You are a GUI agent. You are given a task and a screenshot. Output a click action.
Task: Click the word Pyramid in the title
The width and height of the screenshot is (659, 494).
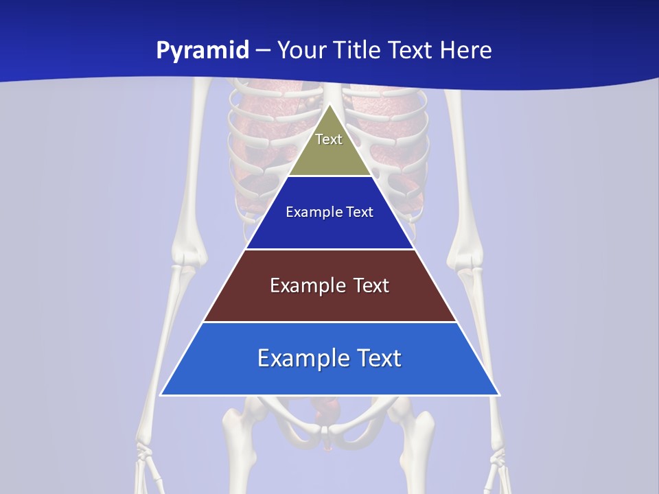click(202, 51)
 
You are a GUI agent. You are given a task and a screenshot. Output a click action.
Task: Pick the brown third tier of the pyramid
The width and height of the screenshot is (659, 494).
click(329, 302)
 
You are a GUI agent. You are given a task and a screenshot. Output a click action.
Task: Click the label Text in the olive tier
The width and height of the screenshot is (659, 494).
click(329, 139)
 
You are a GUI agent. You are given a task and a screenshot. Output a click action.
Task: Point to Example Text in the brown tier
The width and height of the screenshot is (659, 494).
click(329, 285)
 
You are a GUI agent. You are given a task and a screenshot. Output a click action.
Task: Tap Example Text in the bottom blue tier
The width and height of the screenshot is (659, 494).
click(329, 358)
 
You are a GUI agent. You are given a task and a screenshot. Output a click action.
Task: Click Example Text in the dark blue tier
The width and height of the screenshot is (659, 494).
click(329, 212)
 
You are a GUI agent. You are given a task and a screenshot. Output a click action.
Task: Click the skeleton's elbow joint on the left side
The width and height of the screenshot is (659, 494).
click(187, 257)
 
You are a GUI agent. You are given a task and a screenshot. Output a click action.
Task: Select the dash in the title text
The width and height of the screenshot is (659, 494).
click(263, 51)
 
